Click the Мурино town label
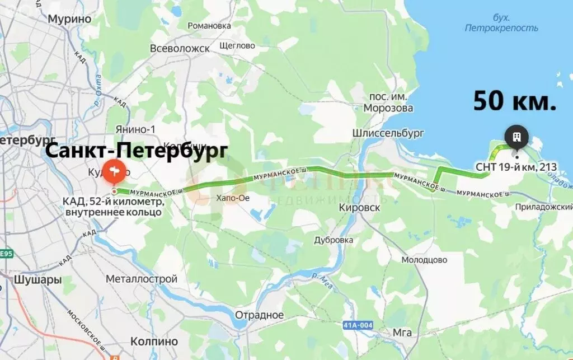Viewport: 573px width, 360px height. pyautogui.click(x=69, y=18)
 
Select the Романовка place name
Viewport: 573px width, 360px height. pyautogui.click(x=209, y=26)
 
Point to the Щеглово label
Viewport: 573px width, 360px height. pyautogui.click(x=237, y=45)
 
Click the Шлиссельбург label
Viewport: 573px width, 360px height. pyautogui.click(x=388, y=133)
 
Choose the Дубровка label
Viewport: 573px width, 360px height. pyautogui.click(x=334, y=240)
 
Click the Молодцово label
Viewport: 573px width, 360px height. pyautogui.click(x=424, y=260)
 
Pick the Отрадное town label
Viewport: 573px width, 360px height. pyautogui.click(x=259, y=315)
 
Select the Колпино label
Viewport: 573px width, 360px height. pyautogui.click(x=154, y=341)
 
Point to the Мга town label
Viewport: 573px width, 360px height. pyautogui.click(x=402, y=333)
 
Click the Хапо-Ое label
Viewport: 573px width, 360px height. pyautogui.click(x=232, y=198)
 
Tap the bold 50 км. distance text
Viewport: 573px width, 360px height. pyautogui.click(x=515, y=101)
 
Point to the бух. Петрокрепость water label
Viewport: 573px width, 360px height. pyautogui.click(x=501, y=22)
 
